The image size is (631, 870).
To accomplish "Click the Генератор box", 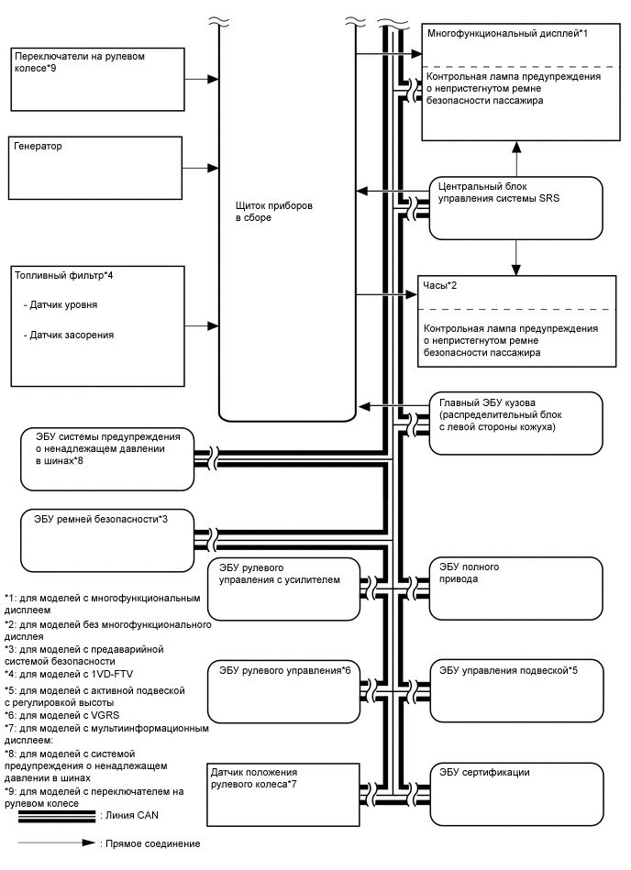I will point(96,167).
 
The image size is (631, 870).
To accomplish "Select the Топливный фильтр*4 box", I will point(96,325).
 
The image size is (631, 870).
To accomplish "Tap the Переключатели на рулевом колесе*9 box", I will point(96,77).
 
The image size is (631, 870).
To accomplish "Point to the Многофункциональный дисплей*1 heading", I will point(507,33).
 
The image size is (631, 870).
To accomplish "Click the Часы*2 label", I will point(439,286).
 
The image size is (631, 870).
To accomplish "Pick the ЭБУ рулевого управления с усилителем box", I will point(284,588).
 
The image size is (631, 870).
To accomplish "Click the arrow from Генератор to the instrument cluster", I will point(201,168).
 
